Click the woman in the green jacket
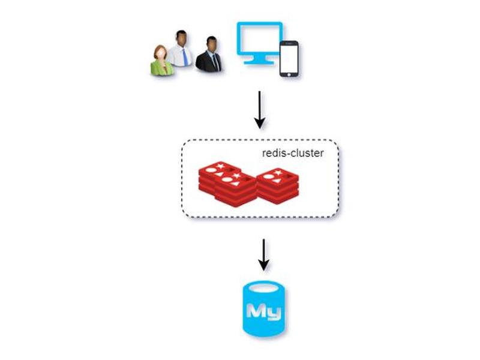click(x=161, y=61)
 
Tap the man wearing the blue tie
click(x=181, y=49)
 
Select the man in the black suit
click(x=209, y=55)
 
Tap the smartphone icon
click(x=289, y=59)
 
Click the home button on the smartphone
click(x=289, y=74)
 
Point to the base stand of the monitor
click(x=259, y=61)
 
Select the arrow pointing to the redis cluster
click(x=260, y=110)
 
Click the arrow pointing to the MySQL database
click(x=263, y=255)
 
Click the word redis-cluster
click(x=293, y=153)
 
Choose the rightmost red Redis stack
click(x=277, y=185)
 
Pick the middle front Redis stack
click(x=236, y=189)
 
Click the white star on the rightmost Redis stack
click(x=278, y=173)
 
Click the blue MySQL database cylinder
click(x=264, y=309)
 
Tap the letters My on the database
click(x=264, y=312)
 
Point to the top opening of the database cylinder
click(x=264, y=289)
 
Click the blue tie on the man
click(x=185, y=56)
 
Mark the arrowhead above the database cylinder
click(x=263, y=266)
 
